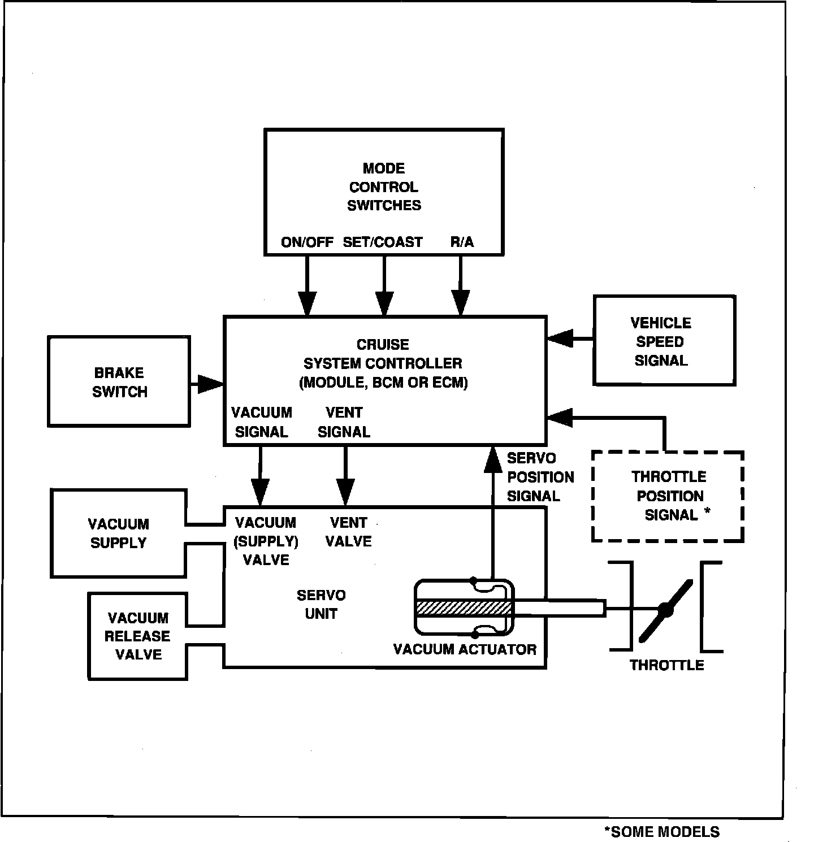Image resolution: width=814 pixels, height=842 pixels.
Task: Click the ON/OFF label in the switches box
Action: click(307, 242)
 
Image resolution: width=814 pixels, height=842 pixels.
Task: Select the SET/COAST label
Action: click(383, 242)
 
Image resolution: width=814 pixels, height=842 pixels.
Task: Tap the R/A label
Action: click(462, 242)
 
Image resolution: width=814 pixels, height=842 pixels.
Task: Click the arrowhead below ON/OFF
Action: click(308, 304)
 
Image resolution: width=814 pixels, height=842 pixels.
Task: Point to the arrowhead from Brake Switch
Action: click(211, 384)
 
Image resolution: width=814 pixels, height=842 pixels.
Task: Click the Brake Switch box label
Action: click(119, 382)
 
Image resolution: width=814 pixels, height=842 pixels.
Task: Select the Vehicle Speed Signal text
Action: click(661, 342)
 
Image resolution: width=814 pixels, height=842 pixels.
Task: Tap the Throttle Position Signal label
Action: click(669, 496)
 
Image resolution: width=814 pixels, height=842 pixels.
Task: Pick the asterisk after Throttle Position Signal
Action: click(707, 512)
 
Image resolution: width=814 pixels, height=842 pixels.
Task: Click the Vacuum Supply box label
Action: click(119, 533)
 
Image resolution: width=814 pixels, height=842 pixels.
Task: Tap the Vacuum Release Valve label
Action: click(137, 636)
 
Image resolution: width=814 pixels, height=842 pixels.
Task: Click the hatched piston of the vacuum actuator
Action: click(464, 608)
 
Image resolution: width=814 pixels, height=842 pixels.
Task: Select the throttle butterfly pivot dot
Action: click(665, 610)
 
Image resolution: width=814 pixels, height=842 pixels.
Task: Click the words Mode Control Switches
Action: click(384, 187)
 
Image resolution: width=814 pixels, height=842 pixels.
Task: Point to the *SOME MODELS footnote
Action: click(662, 832)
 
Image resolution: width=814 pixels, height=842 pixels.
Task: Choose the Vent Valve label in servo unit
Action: click(349, 532)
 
